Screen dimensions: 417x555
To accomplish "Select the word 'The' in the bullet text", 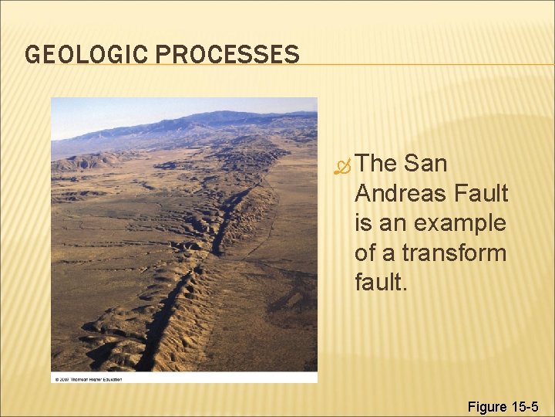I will [377, 164].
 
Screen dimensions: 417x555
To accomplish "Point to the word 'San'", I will [425, 164].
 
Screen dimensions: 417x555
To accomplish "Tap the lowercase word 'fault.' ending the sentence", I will [380, 283].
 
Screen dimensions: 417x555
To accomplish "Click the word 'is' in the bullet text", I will [363, 223].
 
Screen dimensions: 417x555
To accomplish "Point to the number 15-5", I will [526, 406].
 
